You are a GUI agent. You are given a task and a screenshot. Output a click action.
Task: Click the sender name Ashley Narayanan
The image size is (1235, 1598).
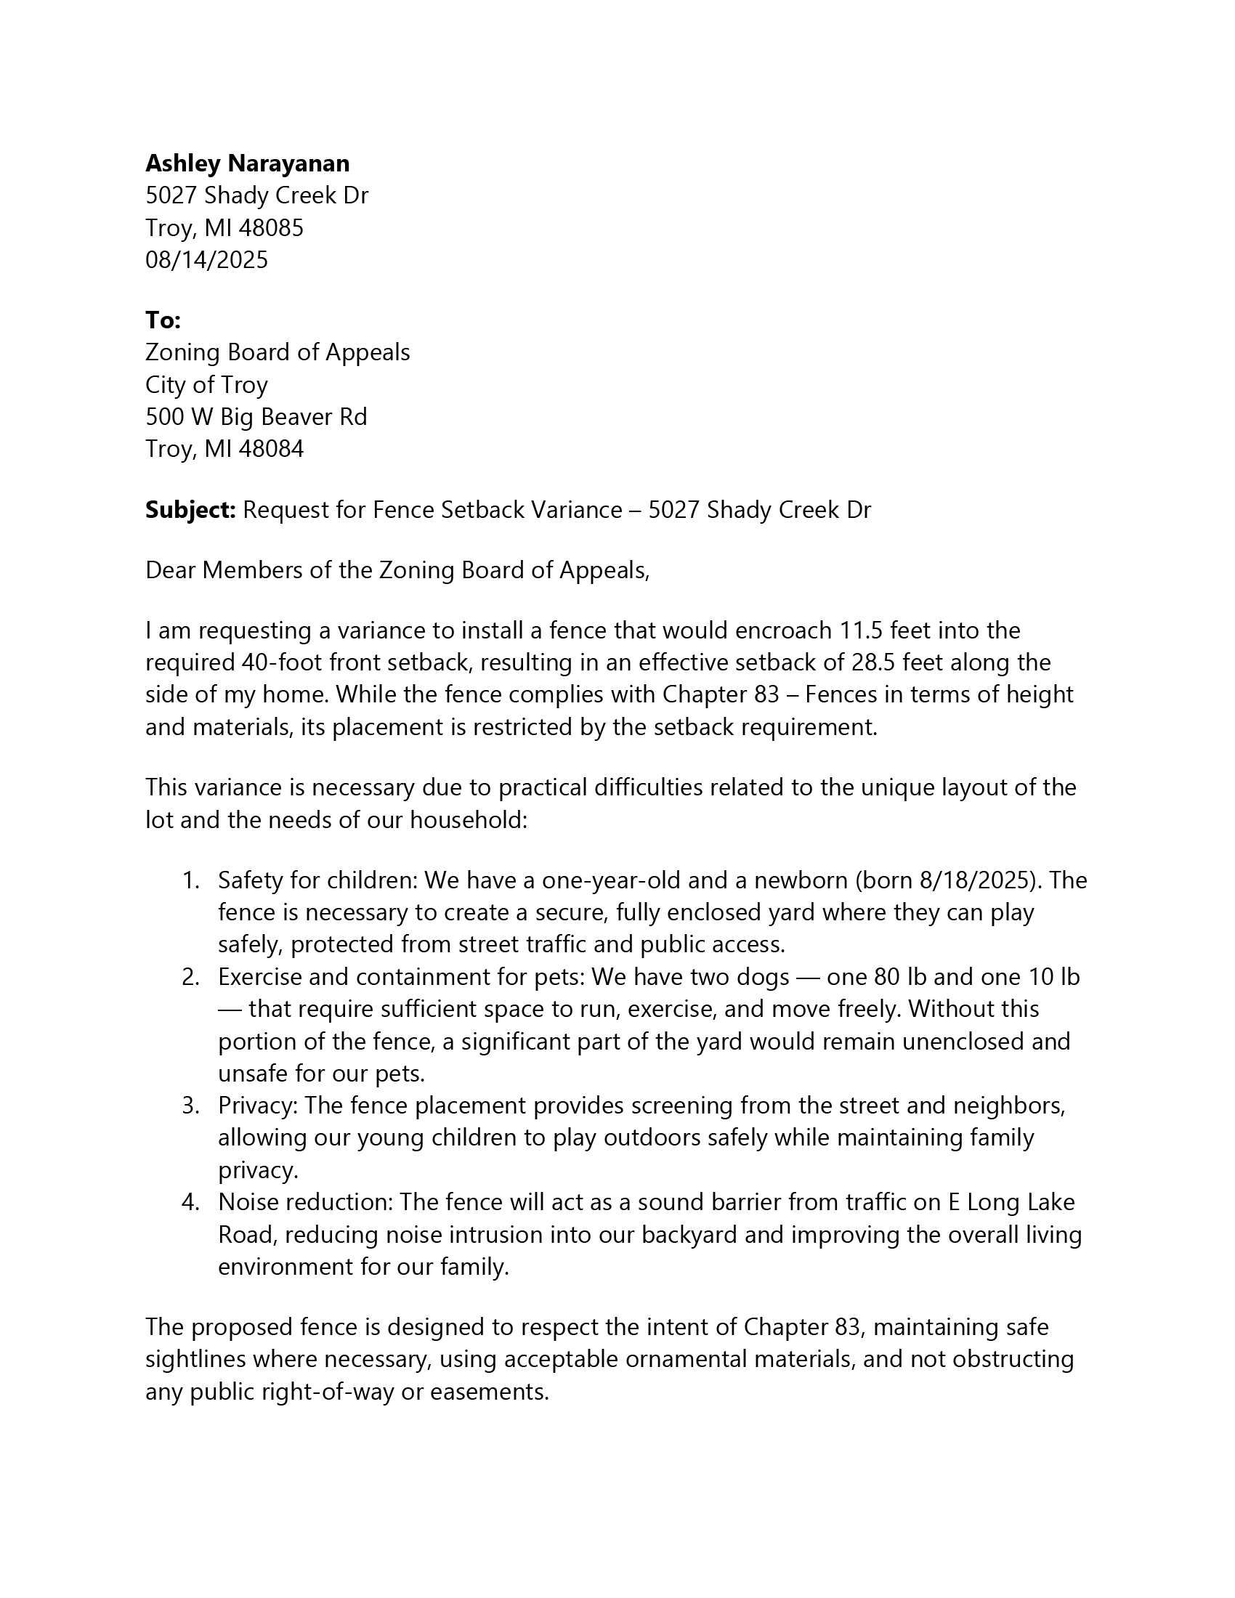247,163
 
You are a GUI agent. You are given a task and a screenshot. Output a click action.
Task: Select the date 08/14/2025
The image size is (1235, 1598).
206,260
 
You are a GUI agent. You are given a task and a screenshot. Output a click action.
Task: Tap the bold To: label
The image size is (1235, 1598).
163,320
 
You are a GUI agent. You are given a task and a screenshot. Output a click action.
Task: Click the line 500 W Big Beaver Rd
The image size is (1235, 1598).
256,416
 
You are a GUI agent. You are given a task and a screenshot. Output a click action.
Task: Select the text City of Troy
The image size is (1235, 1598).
206,384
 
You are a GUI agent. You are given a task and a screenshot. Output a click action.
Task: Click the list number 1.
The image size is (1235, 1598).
190,880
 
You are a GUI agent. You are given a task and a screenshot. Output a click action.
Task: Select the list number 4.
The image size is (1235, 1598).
190,1202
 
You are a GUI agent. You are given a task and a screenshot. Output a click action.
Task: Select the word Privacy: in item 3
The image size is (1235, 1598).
258,1106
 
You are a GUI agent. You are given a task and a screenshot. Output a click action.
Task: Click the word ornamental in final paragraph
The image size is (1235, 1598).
686,1359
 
